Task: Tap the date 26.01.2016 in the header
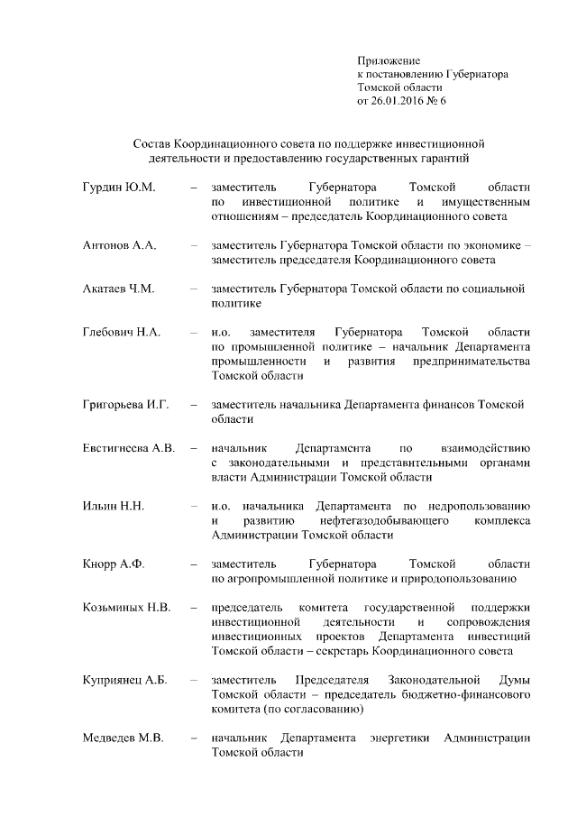pyautogui.click(x=399, y=101)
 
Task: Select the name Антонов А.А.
pyautogui.click(x=120, y=245)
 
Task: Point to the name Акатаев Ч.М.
pyautogui.click(x=119, y=289)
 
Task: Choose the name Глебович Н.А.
pyautogui.click(x=122, y=333)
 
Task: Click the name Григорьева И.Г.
pyautogui.click(x=126, y=405)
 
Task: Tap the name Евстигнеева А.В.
pyautogui.click(x=128, y=448)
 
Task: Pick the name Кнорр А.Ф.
pyautogui.click(x=114, y=564)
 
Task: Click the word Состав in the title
pyautogui.click(x=151, y=144)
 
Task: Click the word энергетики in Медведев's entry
pyautogui.click(x=400, y=738)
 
